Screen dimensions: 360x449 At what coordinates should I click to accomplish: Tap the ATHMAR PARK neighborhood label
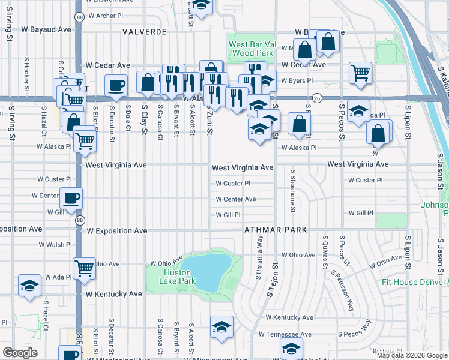click(x=276, y=230)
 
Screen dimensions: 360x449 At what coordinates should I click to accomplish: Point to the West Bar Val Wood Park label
click(x=252, y=49)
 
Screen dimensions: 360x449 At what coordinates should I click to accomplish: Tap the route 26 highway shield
click(x=316, y=98)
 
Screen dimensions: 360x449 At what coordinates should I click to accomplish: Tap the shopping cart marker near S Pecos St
click(x=360, y=73)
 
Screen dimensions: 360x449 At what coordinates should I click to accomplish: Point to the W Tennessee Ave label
click(x=285, y=334)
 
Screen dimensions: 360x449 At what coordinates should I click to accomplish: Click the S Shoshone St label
click(x=293, y=190)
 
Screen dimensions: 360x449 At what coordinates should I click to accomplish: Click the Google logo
click(x=20, y=353)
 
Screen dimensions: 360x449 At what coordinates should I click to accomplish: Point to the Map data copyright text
click(x=411, y=355)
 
